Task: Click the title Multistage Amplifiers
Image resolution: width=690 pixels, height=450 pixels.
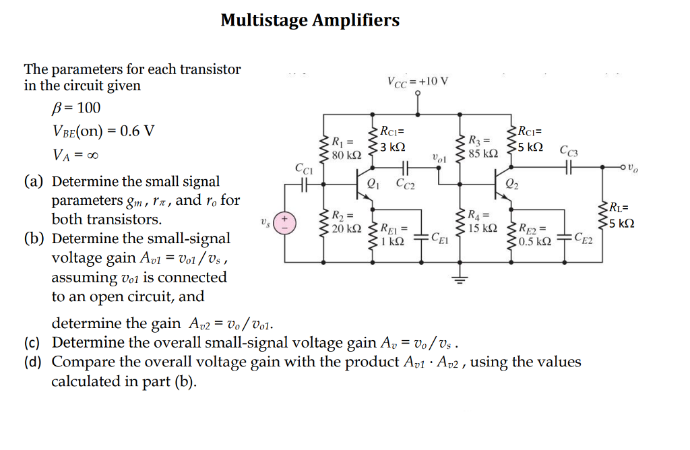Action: [310, 21]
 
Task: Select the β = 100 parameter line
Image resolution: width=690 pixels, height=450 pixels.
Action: [71, 108]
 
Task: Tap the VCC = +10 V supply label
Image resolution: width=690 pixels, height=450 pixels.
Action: [417, 82]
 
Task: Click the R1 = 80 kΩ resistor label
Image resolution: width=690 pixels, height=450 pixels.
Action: [347, 149]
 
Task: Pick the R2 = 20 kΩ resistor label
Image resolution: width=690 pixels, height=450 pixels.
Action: [347, 222]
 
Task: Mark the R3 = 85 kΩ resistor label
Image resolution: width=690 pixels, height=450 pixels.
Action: [484, 147]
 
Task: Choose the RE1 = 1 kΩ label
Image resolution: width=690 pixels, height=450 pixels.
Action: [392, 234]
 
